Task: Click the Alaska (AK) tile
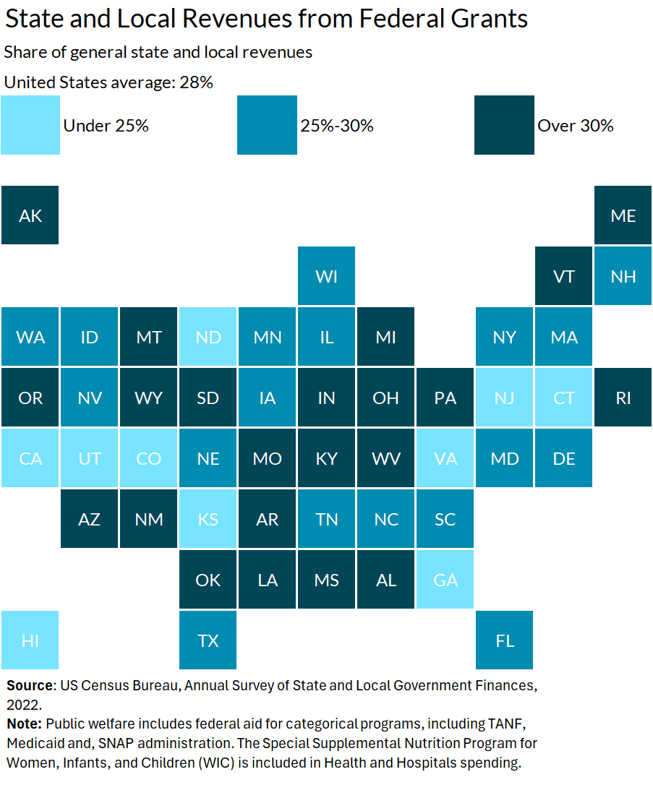point(30,215)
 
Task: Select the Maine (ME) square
point(623,215)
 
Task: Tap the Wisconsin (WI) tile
point(327,275)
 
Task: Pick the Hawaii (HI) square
point(30,640)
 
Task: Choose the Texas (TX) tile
point(208,640)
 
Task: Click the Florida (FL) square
point(505,640)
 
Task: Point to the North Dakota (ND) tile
point(208,337)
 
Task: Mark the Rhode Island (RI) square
point(623,398)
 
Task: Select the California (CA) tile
point(30,458)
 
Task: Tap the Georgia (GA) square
point(445,580)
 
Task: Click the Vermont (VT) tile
point(564,275)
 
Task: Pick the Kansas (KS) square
point(208,519)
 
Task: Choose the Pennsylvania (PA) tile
point(445,398)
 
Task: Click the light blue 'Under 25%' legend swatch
point(30,125)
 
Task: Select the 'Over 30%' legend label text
point(576,126)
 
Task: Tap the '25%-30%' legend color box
point(267,125)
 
